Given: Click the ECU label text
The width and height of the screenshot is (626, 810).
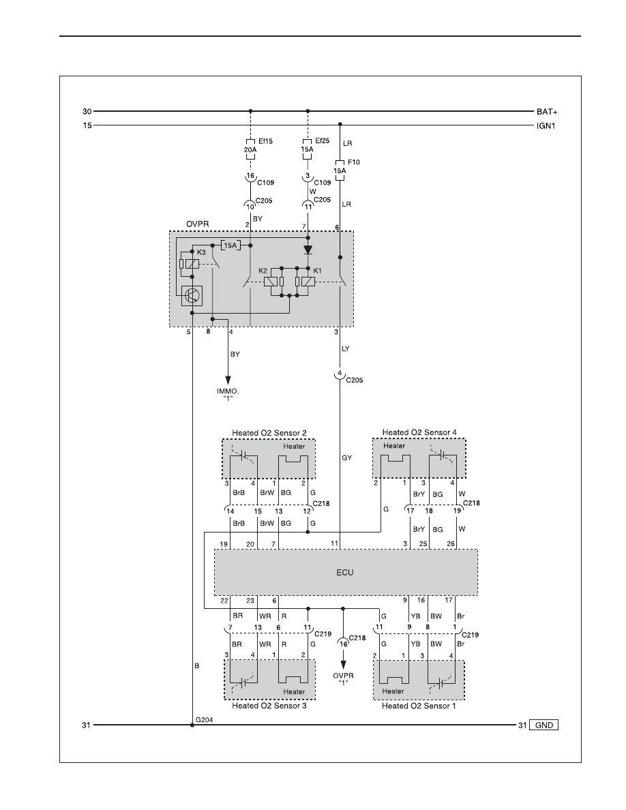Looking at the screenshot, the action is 344,572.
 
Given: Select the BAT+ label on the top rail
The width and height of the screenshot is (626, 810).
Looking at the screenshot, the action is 547,112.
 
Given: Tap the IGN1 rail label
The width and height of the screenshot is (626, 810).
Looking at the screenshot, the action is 546,125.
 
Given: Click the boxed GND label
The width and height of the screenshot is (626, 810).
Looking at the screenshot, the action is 544,725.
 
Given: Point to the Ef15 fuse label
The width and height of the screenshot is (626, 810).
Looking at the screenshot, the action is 265,141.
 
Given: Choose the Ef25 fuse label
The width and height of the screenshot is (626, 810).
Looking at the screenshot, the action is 323,140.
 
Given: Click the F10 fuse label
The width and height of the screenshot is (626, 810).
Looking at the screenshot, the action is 354,162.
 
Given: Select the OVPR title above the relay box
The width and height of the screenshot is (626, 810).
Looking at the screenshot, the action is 197,224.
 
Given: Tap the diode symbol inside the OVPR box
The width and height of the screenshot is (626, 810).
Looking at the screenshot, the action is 308,250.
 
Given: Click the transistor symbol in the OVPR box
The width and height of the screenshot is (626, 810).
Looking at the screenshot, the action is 192,295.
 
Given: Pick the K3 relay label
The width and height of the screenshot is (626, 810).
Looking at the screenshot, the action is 201,252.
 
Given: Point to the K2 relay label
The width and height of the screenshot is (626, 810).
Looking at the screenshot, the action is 263,271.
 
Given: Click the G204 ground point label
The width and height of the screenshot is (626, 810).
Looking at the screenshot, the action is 204,719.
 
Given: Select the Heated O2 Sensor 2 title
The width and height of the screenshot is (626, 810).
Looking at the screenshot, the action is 269,433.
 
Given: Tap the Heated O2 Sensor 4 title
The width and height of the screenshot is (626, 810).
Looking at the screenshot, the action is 419,432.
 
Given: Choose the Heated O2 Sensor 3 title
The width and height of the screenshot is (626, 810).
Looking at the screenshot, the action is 269,706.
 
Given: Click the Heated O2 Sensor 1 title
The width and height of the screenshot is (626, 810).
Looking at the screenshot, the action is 419,706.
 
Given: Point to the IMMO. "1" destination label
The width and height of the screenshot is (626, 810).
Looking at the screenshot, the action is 228,395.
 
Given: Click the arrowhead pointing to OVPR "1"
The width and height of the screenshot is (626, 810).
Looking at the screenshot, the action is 343,665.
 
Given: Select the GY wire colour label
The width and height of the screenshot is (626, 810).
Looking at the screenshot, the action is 346,457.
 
